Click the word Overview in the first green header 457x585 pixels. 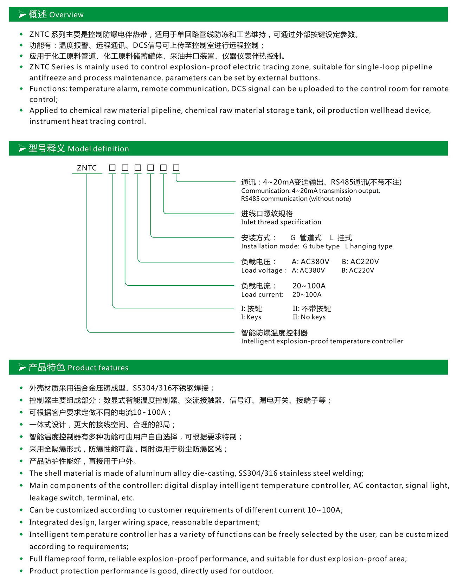pos(66,15)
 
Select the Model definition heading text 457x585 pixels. pos(98,149)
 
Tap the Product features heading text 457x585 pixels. pos(98,368)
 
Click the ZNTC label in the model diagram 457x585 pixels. pos(87,168)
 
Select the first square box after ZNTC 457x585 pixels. pos(112,168)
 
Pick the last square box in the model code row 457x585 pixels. pos(176,168)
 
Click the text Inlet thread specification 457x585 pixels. pos(281,222)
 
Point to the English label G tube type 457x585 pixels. pos(321,246)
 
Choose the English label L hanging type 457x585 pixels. pos(368,246)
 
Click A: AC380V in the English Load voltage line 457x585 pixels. pos(308,270)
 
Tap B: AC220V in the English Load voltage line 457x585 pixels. pos(358,270)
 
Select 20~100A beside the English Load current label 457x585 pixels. pos(307,294)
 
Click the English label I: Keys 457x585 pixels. pos(251,317)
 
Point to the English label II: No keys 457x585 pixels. pos(309,317)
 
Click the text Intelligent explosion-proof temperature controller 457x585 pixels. pos(322,341)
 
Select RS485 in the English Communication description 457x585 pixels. pos(250,199)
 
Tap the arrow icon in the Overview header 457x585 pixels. pos(22,14)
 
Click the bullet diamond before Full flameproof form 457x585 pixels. pos(21,558)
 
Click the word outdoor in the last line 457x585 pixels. pos(260,571)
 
